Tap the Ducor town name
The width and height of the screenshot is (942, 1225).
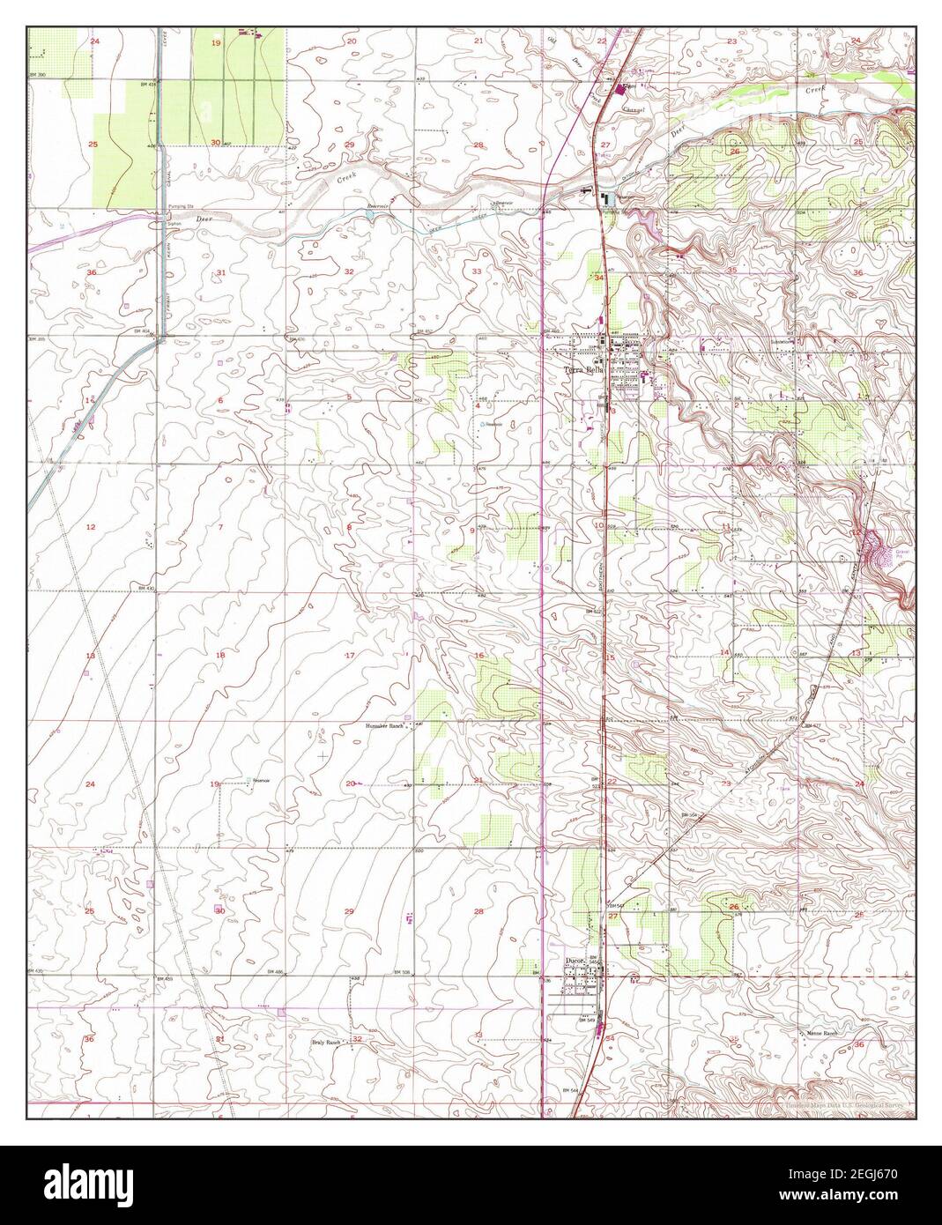tap(576, 963)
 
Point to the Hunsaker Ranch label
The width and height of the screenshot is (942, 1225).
tap(383, 726)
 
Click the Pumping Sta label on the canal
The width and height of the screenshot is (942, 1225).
tap(179, 206)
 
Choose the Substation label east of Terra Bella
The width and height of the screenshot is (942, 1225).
tap(782, 342)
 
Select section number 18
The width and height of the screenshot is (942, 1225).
tap(220, 656)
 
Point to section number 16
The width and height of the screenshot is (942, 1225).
tap(479, 656)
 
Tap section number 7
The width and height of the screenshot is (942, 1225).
tap(220, 527)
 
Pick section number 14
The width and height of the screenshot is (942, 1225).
tap(724, 652)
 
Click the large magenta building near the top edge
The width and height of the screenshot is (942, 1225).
tap(624, 89)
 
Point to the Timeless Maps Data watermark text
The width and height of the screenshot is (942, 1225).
tap(844, 1103)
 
